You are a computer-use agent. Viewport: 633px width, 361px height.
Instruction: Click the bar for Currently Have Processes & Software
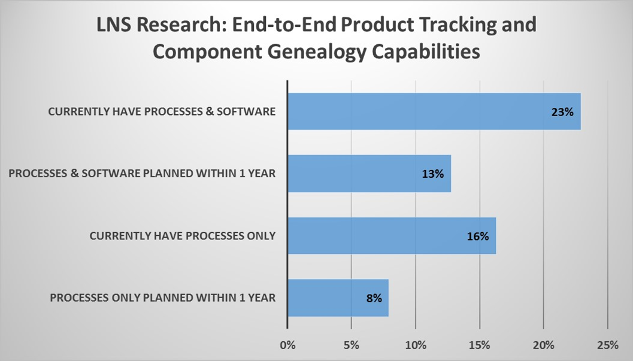434,111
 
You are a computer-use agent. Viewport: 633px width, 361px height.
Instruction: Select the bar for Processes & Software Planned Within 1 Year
369,174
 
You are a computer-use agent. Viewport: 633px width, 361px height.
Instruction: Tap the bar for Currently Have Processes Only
392,235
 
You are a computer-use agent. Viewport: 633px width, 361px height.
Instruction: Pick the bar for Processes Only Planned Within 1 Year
338,298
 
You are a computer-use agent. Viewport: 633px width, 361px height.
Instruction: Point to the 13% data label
432,174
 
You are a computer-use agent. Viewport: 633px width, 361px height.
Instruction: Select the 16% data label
478,236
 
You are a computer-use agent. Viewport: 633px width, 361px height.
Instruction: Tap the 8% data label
374,298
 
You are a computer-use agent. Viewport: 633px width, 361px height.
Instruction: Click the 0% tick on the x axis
288,345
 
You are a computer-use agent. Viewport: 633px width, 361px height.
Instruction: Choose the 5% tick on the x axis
352,345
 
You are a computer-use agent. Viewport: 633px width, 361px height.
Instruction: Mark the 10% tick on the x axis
416,345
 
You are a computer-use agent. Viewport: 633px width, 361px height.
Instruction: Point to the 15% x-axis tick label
480,345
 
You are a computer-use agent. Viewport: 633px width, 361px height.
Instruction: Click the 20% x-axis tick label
543,345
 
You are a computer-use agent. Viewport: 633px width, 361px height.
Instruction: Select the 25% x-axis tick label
607,345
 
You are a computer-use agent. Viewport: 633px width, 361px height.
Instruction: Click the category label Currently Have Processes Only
183,236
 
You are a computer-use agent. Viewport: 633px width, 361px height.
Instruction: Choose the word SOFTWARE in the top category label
252,112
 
